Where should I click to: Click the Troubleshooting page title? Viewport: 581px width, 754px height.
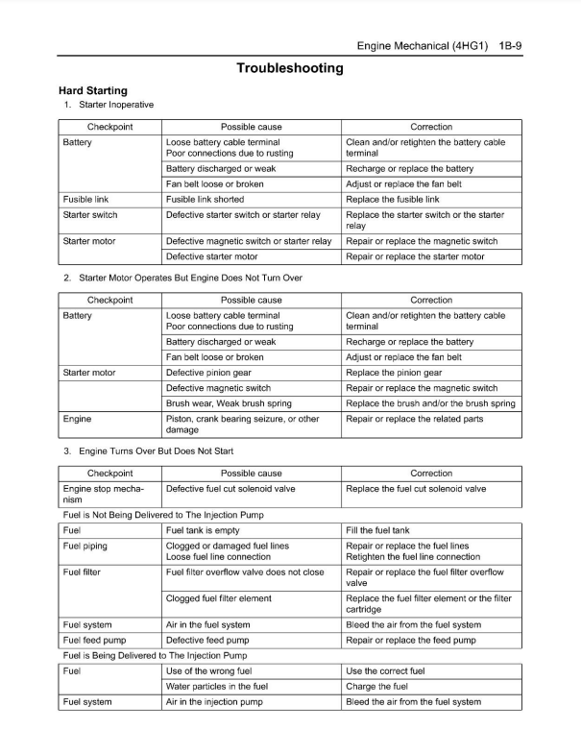290,68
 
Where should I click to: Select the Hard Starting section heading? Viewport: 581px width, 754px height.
93,91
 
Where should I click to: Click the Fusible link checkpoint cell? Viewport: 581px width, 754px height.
85,200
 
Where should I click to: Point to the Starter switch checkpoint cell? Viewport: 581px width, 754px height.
90,215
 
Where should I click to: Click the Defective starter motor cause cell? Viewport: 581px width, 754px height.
211,256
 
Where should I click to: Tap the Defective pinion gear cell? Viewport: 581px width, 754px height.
208,373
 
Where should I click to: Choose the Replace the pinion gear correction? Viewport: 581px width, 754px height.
394,373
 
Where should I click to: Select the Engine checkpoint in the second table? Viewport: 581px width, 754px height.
78,419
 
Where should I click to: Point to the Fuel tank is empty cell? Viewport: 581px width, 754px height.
203,530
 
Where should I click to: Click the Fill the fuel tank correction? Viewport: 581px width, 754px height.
377,530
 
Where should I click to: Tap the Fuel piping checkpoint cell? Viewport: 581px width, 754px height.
85,546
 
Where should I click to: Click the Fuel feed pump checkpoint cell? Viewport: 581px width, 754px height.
94,640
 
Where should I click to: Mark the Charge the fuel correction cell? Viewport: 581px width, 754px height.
376,687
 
